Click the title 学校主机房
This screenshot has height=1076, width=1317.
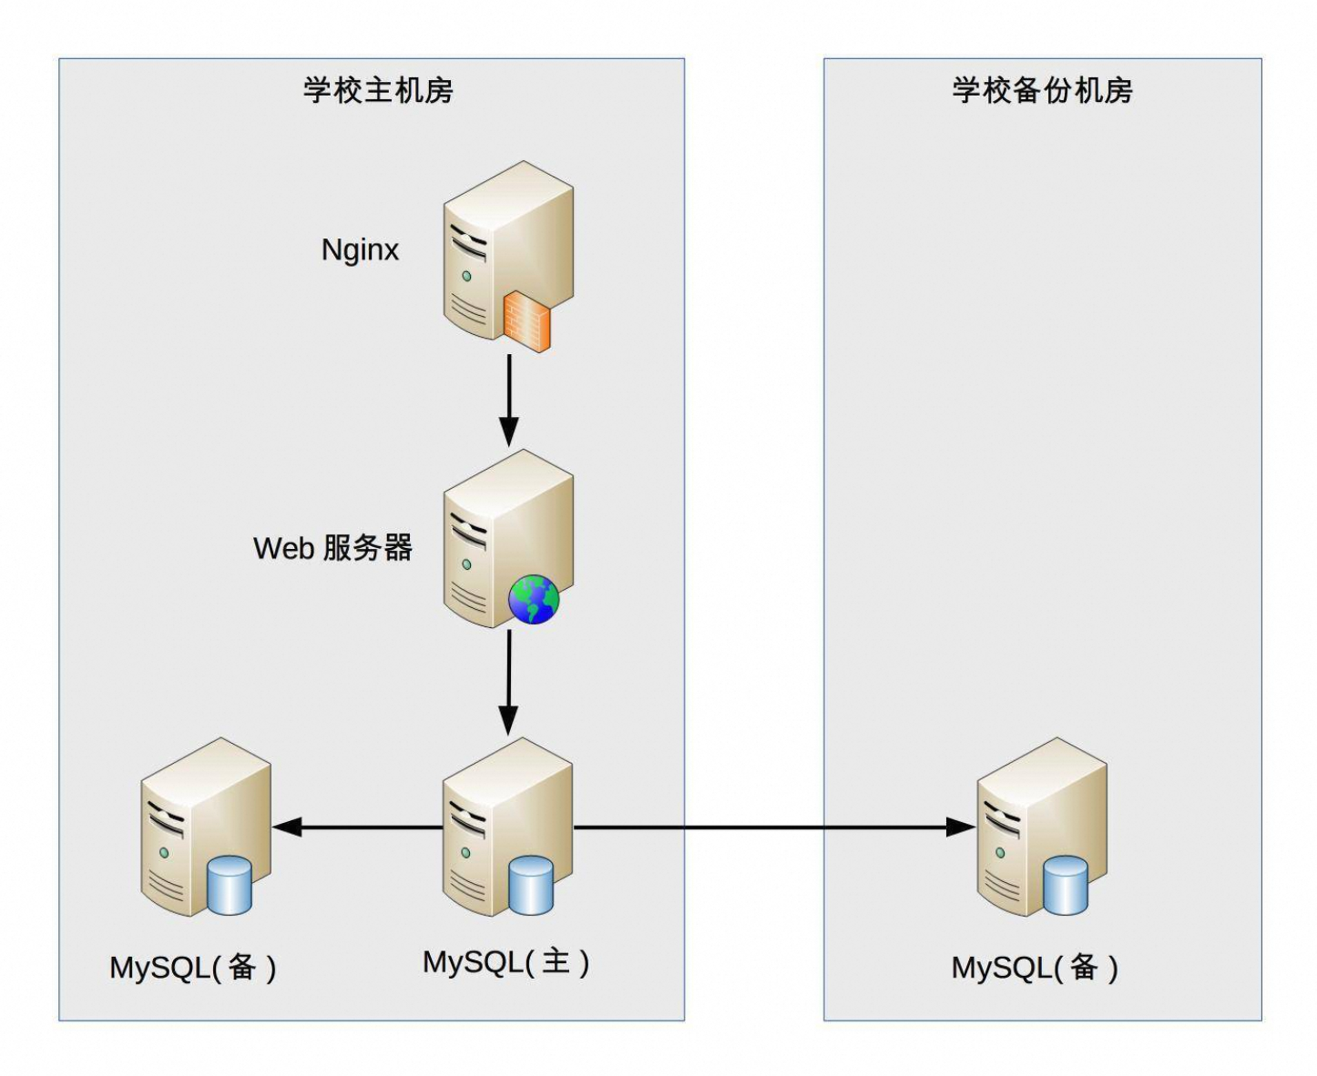click(378, 91)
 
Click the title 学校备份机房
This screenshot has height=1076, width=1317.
click(1042, 91)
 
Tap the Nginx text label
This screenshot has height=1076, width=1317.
click(360, 249)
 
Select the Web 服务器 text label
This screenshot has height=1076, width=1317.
click(332, 548)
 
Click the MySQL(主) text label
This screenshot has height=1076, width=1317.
click(505, 962)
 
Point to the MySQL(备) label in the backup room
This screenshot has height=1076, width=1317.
click(1035, 968)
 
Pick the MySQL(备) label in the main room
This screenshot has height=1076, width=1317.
click(193, 968)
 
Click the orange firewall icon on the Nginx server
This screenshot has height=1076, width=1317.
click(527, 321)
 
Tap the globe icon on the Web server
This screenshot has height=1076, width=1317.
click(534, 599)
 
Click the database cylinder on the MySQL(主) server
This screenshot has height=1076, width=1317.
click(531, 885)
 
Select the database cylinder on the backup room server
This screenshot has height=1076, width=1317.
click(1065, 885)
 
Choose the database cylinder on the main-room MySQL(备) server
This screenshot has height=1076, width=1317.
click(229, 885)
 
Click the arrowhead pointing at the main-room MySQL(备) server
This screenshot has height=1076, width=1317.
click(287, 827)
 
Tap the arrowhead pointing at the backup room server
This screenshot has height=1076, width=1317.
click(960, 827)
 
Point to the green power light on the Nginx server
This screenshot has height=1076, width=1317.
click(466, 276)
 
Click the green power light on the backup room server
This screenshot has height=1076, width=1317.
click(1000, 853)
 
